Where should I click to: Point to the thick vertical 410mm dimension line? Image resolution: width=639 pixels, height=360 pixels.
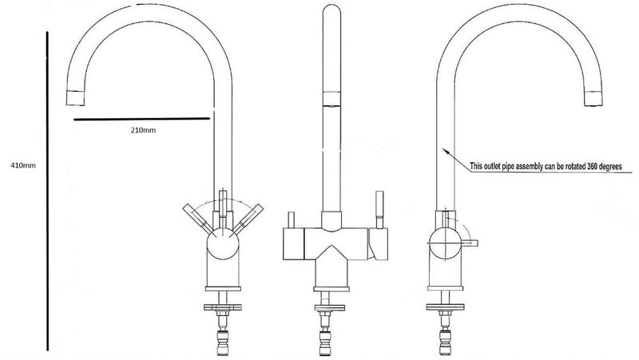(x=49, y=191)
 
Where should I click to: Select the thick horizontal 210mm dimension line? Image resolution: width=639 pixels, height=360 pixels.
(x=145, y=121)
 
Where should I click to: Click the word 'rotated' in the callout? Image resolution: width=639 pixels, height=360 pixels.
(x=559, y=166)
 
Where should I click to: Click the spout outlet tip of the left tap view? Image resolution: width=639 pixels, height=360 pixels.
(x=73, y=98)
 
